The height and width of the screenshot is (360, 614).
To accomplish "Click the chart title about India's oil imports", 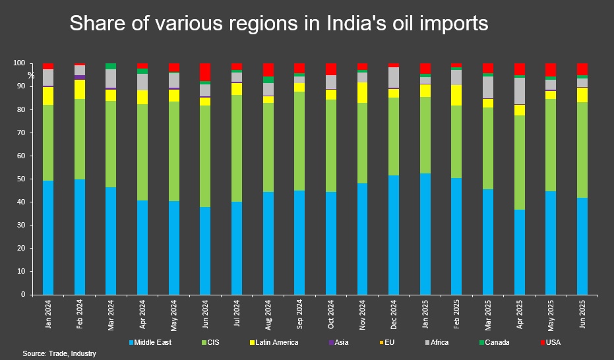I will (x=278, y=24).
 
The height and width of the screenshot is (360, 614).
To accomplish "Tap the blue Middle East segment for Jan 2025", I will (x=425, y=233).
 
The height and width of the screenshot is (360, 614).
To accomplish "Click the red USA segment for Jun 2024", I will (x=205, y=72).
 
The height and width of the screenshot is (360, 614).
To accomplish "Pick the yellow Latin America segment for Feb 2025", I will (x=456, y=96).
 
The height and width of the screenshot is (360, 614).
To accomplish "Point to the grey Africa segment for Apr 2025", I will (x=519, y=91).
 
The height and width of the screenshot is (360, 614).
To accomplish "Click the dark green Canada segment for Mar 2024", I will (x=111, y=66).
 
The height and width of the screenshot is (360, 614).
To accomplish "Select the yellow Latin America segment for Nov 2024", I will (x=362, y=92).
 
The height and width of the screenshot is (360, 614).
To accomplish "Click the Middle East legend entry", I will (x=154, y=343).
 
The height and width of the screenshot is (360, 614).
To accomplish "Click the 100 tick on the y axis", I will (x=19, y=63).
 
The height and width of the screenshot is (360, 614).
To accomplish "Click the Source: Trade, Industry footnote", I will (x=59, y=354).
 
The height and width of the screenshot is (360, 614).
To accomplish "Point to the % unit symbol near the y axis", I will (x=30, y=75).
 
